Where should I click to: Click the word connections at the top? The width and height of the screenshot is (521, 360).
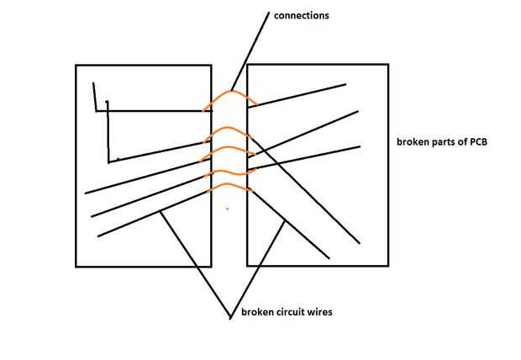click(301, 16)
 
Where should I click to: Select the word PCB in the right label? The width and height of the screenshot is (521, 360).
click(477, 141)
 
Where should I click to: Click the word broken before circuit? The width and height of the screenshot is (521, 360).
click(256, 313)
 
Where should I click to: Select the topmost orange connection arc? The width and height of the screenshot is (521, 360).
click(229, 95)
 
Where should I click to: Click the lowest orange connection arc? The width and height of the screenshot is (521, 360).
click(229, 187)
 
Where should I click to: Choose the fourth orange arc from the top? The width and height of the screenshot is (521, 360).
click(229, 172)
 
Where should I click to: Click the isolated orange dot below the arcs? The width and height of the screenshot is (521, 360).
click(227, 208)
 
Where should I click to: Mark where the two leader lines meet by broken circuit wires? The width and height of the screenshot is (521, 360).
click(230, 318)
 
